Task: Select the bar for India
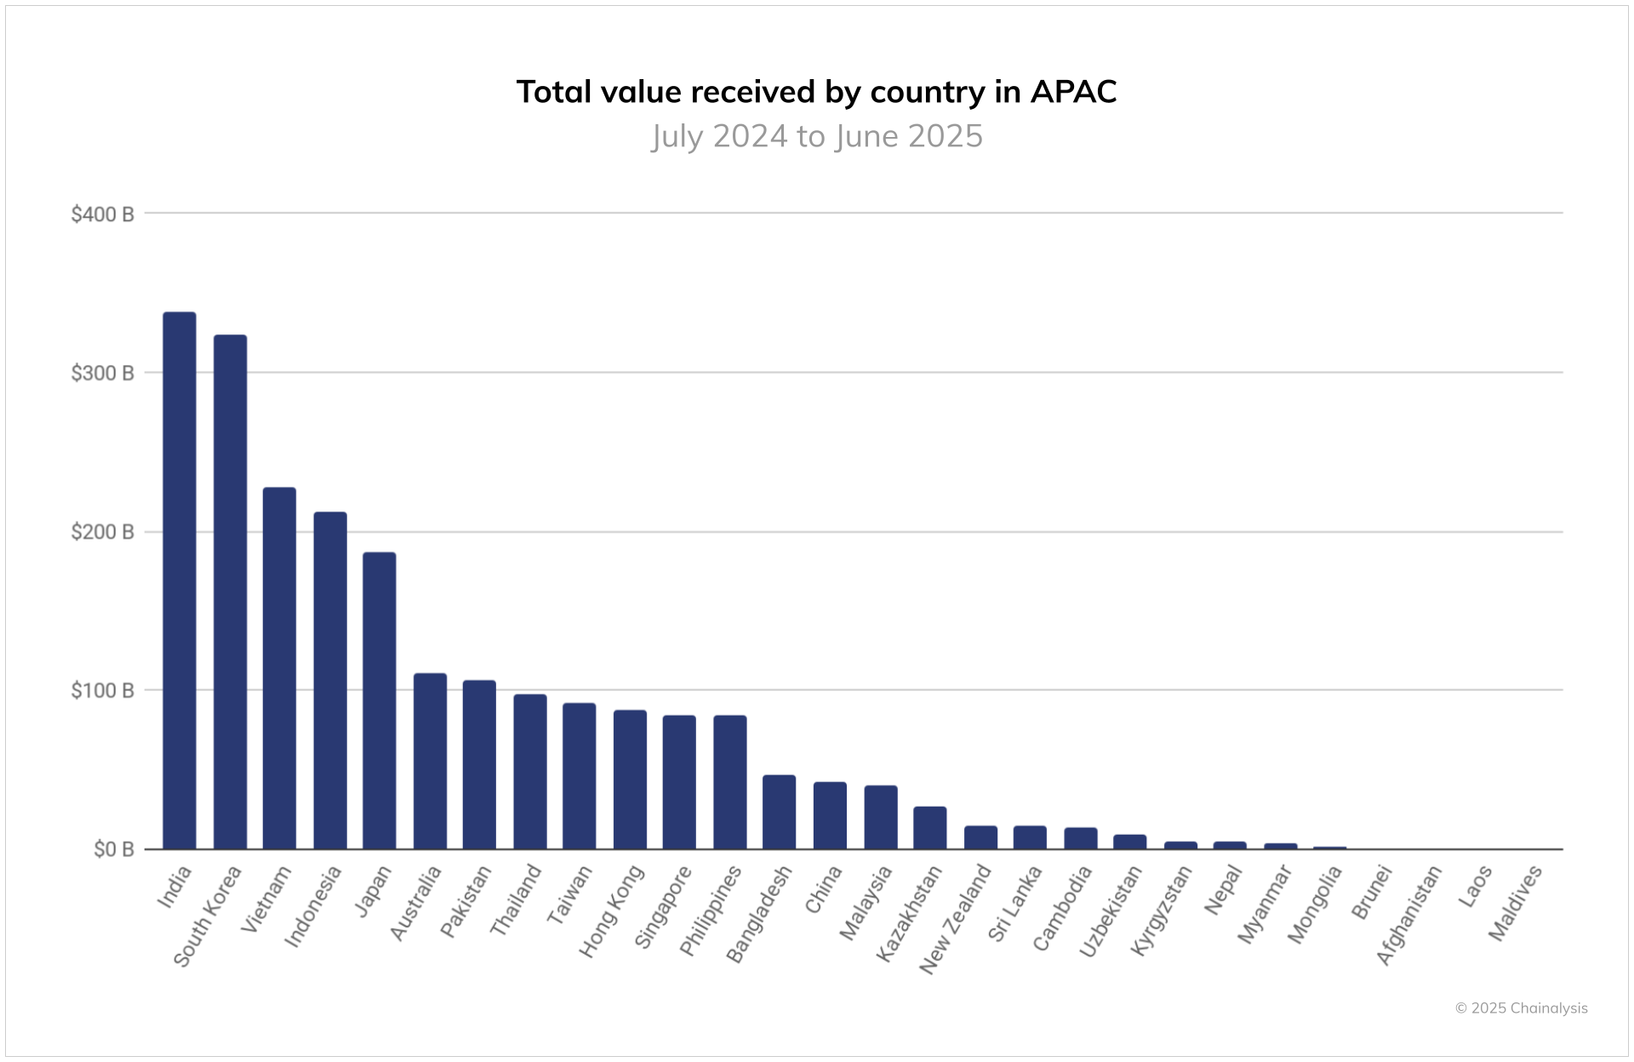click(x=180, y=580)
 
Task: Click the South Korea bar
click(x=230, y=591)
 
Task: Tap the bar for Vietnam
click(x=279, y=668)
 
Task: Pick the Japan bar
click(x=380, y=700)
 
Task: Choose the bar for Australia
click(x=430, y=761)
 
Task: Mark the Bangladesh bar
click(x=779, y=812)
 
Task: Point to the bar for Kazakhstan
click(x=929, y=827)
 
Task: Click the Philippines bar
click(x=729, y=782)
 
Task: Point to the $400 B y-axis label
click(x=102, y=214)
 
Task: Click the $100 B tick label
click(x=102, y=690)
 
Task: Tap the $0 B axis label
click(x=113, y=849)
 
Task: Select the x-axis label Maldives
click(x=1515, y=904)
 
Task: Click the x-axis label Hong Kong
click(x=612, y=911)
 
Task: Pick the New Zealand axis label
click(x=956, y=919)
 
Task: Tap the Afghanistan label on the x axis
click(x=1409, y=915)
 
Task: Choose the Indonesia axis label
click(x=313, y=905)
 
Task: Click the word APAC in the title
click(x=1073, y=92)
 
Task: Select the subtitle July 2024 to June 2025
click(x=817, y=136)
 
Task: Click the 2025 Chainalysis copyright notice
click(x=1521, y=1008)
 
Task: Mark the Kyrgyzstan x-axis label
click(x=1162, y=910)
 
